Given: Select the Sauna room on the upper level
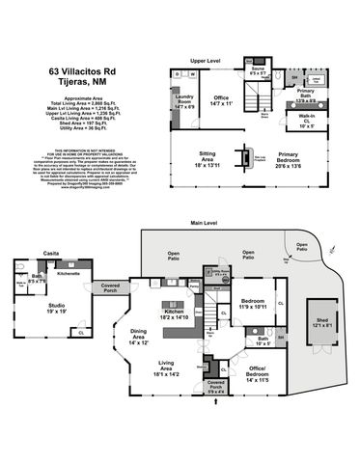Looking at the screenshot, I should [259, 70].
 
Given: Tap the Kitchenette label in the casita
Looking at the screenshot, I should [68, 274].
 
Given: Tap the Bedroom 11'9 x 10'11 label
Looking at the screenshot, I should [255, 304].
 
